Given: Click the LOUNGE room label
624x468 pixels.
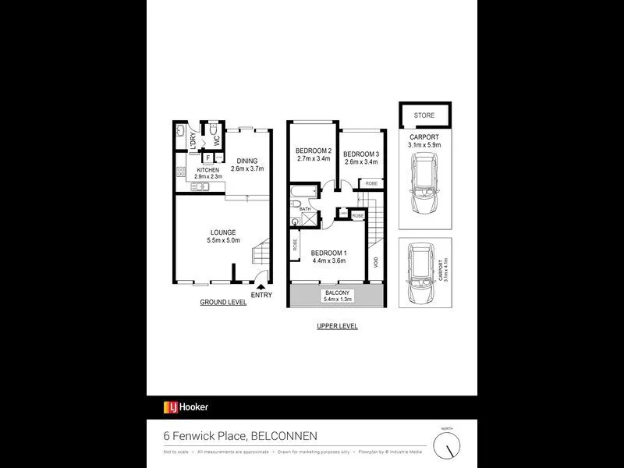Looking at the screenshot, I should pos(223,232).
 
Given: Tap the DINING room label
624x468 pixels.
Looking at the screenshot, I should pos(248,160).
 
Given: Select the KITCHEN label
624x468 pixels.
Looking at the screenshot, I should pos(207,169).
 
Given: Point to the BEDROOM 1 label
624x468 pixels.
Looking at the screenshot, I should pos(329,253).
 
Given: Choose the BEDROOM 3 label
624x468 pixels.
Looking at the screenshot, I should pos(360,154).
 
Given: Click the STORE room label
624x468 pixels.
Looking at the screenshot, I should pos(424,115).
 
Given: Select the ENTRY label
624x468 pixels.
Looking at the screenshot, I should pos(262,294).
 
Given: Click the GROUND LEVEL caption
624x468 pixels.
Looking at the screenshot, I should pos(223,302).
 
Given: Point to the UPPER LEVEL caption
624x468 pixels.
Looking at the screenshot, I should pos(337,326).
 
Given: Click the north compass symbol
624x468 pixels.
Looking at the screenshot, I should pos(446,445).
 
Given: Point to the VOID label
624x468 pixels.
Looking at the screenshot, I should pos(375,262).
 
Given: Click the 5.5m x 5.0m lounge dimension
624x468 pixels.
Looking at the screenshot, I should pos(223,241).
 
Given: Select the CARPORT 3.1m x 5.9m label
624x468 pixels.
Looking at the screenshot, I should pos(425,140).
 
